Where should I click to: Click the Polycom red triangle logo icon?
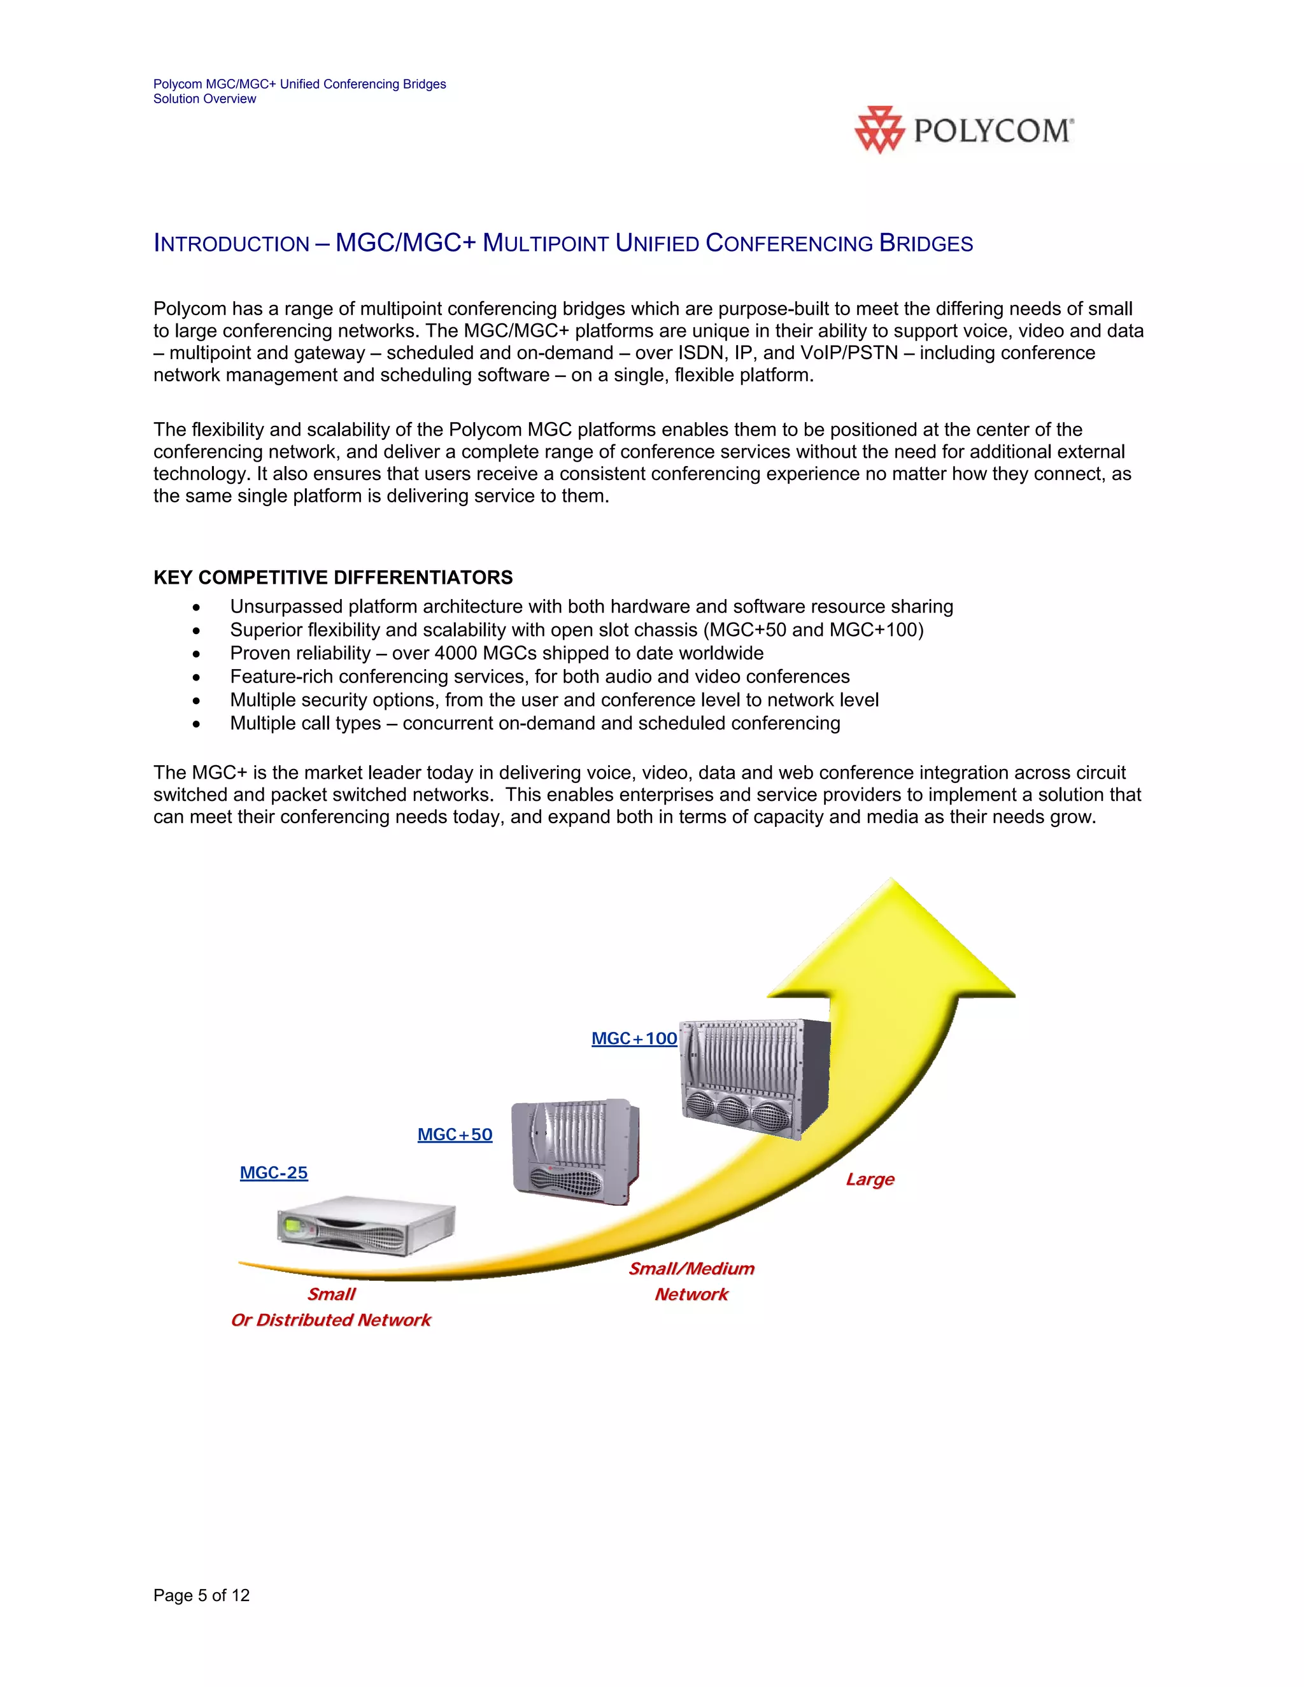(x=879, y=130)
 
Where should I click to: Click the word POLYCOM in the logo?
(x=993, y=131)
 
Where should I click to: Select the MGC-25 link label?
(x=273, y=1173)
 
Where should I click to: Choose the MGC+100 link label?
(x=634, y=1038)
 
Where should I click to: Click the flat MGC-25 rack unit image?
(x=365, y=1225)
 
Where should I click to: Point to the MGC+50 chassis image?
(x=576, y=1151)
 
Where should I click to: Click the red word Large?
(x=870, y=1180)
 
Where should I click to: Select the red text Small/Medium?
(x=691, y=1268)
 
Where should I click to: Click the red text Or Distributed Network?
(x=330, y=1320)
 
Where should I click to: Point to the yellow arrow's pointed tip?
(x=892, y=880)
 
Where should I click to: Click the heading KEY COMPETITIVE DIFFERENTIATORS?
(x=333, y=578)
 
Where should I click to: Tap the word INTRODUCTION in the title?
(x=231, y=244)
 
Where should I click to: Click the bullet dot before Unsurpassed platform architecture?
(x=197, y=608)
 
